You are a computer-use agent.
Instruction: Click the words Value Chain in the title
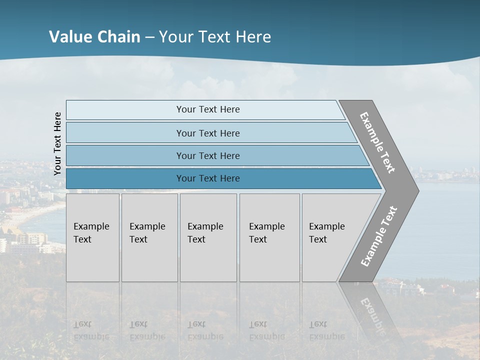pyautogui.click(x=94, y=37)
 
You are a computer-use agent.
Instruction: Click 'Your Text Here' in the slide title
pyautogui.click(x=215, y=37)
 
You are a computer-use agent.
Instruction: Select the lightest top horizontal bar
pyautogui.click(x=125, y=110)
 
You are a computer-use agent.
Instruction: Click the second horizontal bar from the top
pyautogui.click(x=125, y=133)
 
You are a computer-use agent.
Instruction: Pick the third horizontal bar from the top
pyautogui.click(x=125, y=155)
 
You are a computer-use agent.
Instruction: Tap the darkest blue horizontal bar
pyautogui.click(x=125, y=178)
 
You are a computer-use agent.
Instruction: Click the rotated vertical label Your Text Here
pyautogui.click(x=57, y=144)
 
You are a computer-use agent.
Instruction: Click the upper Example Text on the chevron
pyautogui.click(x=377, y=142)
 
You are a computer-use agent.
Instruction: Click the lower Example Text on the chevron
pyautogui.click(x=378, y=236)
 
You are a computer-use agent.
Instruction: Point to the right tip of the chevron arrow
pyautogui.click(x=417, y=190)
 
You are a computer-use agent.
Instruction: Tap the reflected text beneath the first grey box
pyautogui.click(x=91, y=330)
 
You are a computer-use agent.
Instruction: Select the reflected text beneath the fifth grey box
pyautogui.click(x=326, y=330)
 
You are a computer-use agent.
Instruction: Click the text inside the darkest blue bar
pyautogui.click(x=208, y=178)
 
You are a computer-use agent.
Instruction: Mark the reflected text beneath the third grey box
pyautogui.click(x=205, y=330)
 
